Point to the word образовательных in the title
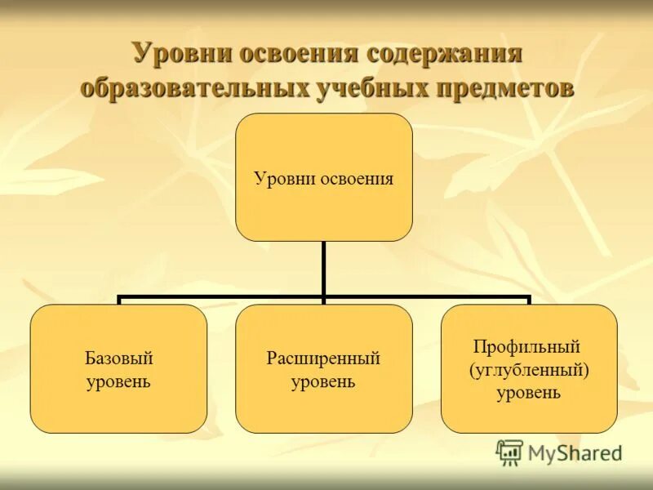click(x=193, y=87)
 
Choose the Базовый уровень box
click(x=118, y=368)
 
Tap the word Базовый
click(x=118, y=359)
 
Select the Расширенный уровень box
click(x=324, y=368)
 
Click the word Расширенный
click(x=324, y=359)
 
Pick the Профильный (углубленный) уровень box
click(x=529, y=368)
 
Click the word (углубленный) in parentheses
click(x=529, y=370)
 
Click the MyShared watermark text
click(x=575, y=452)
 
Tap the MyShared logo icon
click(x=509, y=452)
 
